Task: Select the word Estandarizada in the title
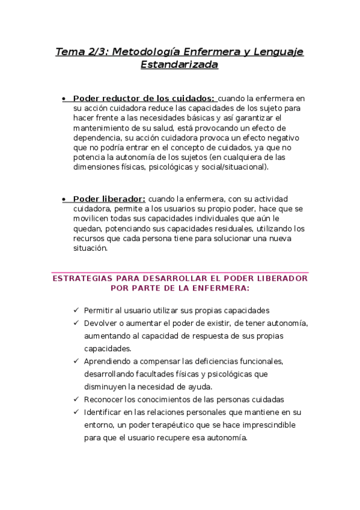179,64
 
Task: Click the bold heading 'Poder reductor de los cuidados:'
144,99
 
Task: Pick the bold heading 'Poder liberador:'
109,199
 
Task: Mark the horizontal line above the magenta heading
180,272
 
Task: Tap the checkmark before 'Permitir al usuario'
76,310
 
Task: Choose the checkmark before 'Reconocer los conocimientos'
76,399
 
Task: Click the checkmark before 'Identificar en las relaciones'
76,412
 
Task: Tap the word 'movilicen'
90,219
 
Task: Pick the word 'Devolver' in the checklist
102,323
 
